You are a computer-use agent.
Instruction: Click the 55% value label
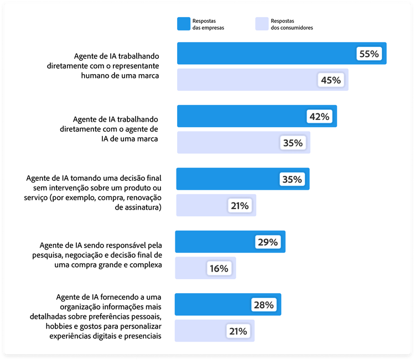click(x=369, y=54)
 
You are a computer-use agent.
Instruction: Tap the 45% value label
click(x=331, y=80)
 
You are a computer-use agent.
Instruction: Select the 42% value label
click(x=319, y=117)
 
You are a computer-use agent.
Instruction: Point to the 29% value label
click(x=268, y=242)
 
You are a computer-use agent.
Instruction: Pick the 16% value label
click(x=219, y=269)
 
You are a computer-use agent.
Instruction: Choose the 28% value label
click(x=264, y=305)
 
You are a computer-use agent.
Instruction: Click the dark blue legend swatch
click(x=183, y=23)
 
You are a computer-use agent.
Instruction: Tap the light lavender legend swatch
click(x=261, y=23)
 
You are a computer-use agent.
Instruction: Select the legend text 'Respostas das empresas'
click(x=209, y=23)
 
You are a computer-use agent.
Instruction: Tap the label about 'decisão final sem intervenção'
click(x=94, y=192)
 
